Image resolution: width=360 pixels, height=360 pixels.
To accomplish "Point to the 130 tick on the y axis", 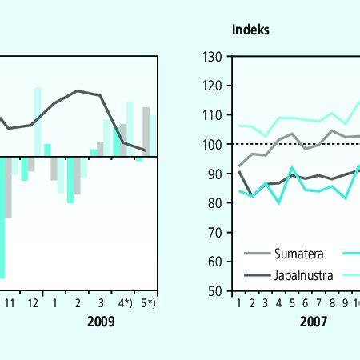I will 211,56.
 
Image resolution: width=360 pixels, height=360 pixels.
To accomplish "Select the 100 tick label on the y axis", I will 211,144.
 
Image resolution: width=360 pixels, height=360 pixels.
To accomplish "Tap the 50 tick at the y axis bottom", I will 214,291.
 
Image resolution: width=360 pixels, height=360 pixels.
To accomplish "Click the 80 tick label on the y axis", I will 214,203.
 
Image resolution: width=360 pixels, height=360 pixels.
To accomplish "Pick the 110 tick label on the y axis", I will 211,115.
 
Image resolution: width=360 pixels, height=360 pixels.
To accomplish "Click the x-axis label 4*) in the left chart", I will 123,304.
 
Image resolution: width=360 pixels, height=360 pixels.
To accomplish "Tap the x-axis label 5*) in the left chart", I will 146,304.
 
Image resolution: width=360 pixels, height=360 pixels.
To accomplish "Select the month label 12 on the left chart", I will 32,304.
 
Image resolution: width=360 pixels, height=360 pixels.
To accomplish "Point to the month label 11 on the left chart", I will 9,304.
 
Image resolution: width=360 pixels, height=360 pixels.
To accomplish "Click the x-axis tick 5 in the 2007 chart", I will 293,304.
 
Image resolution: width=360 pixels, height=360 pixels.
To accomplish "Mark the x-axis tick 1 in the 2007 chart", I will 238,304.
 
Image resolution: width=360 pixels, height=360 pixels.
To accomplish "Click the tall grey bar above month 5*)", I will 146,130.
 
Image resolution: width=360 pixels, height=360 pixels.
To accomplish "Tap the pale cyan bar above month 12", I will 38,120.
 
